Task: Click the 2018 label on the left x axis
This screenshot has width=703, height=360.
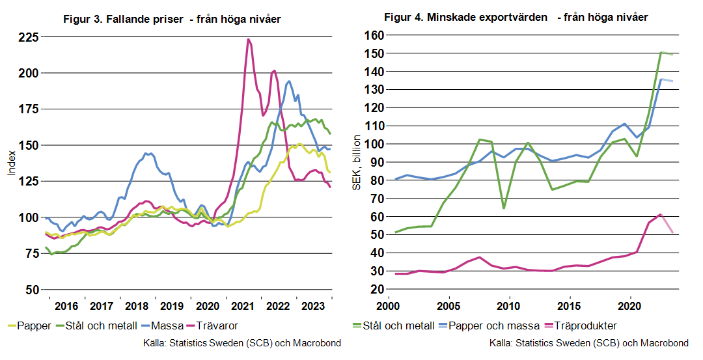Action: click(x=137, y=306)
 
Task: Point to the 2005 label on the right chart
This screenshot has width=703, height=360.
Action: click(x=448, y=306)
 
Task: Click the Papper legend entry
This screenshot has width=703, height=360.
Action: click(x=30, y=325)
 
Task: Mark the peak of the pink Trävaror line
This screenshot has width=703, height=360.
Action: click(x=248, y=40)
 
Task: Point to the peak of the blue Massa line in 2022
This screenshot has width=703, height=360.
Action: click(x=289, y=81)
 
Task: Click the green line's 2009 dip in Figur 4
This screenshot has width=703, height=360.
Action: click(x=503, y=208)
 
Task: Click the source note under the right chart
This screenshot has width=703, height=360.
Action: click(x=588, y=343)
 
